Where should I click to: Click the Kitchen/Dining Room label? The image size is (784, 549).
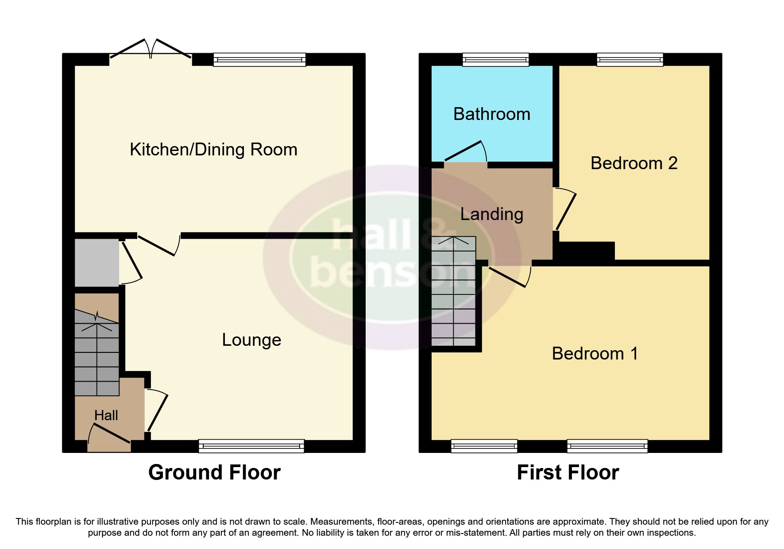213,150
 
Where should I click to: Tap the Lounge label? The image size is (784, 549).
251,340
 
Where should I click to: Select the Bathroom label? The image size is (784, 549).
492,114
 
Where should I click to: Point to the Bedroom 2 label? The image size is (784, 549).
634,163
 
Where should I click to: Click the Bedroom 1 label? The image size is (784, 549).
595,354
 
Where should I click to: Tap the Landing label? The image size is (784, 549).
492,214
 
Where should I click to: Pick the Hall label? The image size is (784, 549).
106,415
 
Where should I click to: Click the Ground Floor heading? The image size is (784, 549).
214,472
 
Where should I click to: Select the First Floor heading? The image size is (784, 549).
568,472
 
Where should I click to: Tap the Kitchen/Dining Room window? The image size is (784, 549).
259,59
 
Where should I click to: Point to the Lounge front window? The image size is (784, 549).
251,446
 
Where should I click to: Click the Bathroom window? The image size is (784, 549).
495,59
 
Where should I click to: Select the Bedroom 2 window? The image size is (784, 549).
630,59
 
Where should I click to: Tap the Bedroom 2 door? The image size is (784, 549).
565,210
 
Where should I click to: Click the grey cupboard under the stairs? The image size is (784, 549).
97,263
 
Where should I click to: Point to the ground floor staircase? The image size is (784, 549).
97,354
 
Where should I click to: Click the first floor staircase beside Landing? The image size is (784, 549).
453,292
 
